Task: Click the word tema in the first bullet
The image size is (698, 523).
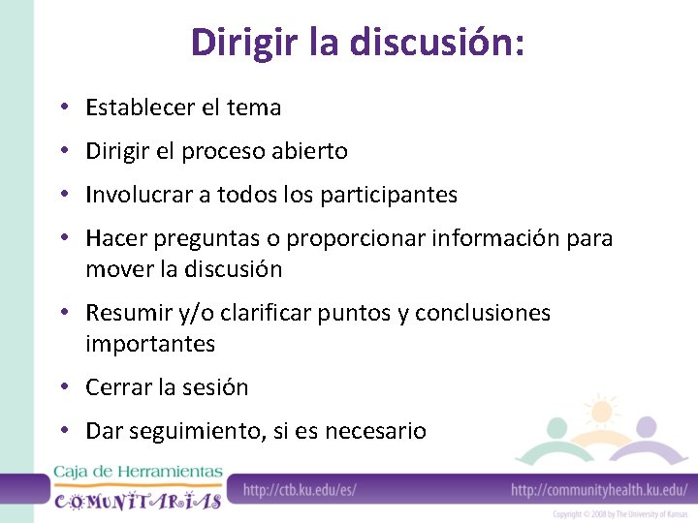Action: pos(254,108)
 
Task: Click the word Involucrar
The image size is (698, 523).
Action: pos(139,195)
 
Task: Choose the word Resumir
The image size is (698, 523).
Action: pos(127,314)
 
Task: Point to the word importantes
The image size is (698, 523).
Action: pos(150,344)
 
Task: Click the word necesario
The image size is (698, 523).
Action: pos(377,431)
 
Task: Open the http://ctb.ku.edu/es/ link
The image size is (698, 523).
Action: pos(300,489)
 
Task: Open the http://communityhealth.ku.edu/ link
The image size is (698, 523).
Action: pos(599,489)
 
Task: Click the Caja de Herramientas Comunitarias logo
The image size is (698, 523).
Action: pos(137,487)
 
